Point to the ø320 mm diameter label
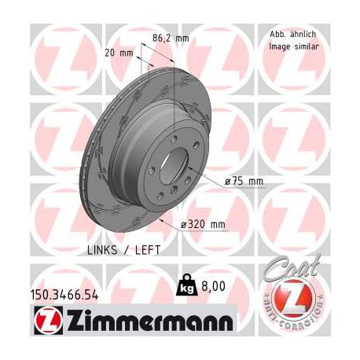coord(204,225)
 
